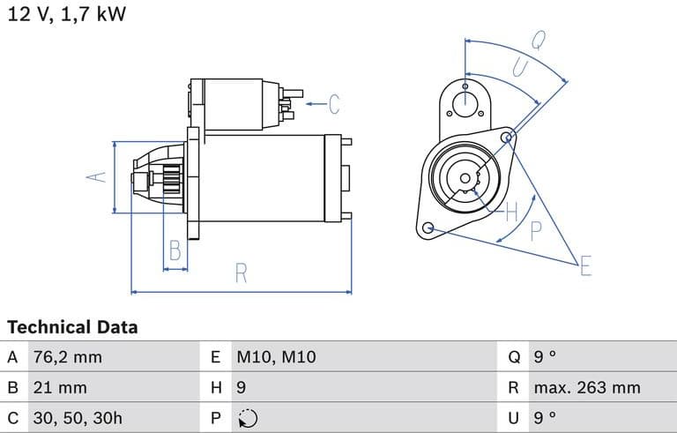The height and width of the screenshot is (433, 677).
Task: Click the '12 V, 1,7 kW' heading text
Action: click(x=67, y=14)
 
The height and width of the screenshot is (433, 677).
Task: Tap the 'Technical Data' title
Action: click(x=72, y=327)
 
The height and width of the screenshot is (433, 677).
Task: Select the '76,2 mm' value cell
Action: click(x=68, y=357)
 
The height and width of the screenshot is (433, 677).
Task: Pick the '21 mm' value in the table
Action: click(x=60, y=388)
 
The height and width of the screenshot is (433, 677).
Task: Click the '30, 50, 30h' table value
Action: click(x=78, y=418)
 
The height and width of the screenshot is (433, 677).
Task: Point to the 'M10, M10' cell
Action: click(x=276, y=357)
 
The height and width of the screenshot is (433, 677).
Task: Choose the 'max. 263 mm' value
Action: click(x=587, y=388)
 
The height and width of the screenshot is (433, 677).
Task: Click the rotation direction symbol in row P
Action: click(x=248, y=418)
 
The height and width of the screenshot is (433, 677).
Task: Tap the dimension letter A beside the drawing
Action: click(x=96, y=176)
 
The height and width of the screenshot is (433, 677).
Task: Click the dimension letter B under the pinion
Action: click(x=175, y=250)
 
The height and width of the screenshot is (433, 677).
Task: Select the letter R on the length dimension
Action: click(x=241, y=273)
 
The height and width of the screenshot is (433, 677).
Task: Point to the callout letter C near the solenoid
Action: click(x=334, y=104)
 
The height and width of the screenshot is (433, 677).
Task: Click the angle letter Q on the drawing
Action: click(x=538, y=41)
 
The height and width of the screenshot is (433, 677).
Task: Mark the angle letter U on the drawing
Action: click(x=521, y=67)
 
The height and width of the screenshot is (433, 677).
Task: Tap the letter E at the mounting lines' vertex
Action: click(x=585, y=265)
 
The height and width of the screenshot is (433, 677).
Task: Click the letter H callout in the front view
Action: click(x=511, y=212)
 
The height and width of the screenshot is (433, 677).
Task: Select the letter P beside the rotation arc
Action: click(x=535, y=231)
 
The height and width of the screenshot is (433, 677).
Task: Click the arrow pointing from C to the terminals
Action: click(x=316, y=104)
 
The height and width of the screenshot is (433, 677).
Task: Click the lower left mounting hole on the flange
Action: click(x=428, y=228)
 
